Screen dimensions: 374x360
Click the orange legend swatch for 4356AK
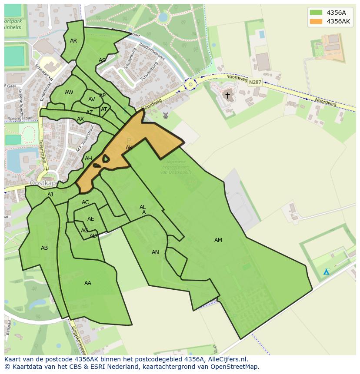coord(316,21)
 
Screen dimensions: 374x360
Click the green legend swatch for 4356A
coord(316,13)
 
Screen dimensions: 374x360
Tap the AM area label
coord(218,240)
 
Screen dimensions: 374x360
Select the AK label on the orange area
coord(129,148)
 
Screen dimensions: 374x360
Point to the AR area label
coord(73,41)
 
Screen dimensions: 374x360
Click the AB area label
coord(44,248)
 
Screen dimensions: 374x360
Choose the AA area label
coord(88,283)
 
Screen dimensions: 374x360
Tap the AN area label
coord(155,252)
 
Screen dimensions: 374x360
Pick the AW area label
coord(69,93)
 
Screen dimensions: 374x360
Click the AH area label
coord(88,159)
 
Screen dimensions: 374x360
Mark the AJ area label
coord(50,195)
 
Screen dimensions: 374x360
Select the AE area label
coord(90,219)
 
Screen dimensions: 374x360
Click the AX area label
coord(80,119)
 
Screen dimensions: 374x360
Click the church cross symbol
coord(227,95)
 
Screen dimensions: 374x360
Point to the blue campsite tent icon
coord(326,272)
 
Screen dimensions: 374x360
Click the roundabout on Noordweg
coord(190,84)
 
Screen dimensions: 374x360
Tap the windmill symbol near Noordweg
coord(165,116)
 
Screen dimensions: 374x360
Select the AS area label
coord(102,60)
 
